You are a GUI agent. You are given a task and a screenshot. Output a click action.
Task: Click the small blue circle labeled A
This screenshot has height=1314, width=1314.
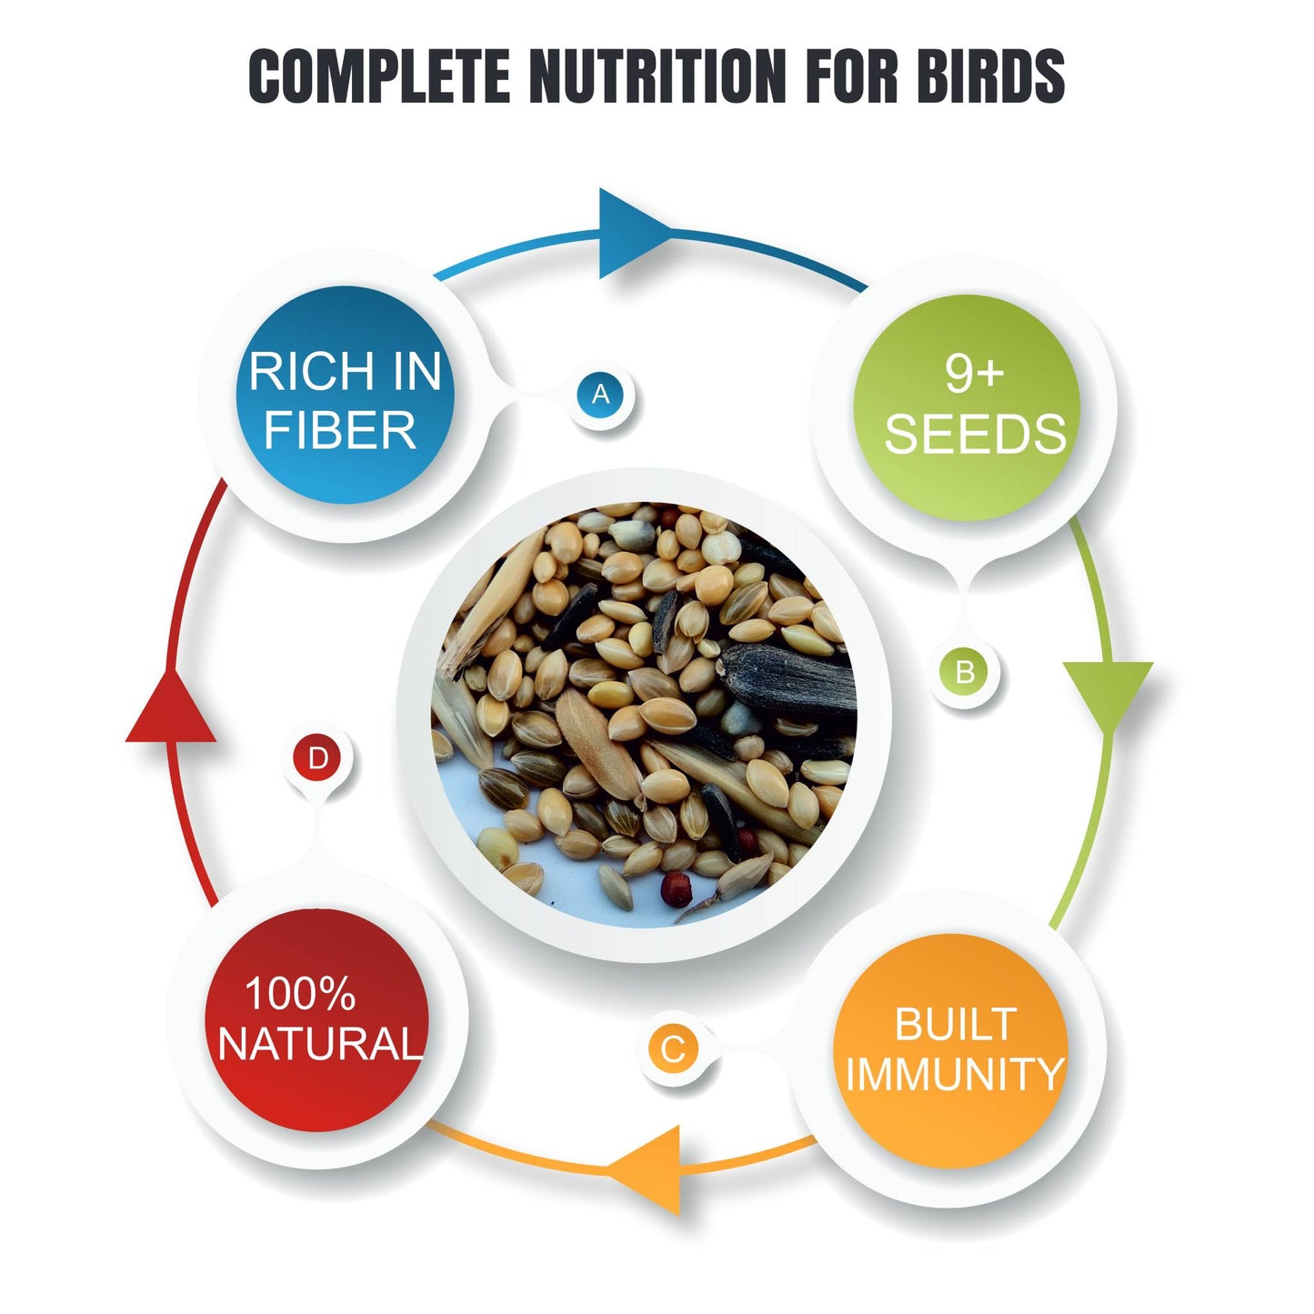pyautogui.click(x=600, y=395)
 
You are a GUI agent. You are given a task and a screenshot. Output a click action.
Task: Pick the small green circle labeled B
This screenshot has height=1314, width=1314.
pyautogui.click(x=965, y=672)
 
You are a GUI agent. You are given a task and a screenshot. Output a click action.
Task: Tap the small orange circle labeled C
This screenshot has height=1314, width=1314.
pyautogui.click(x=673, y=1049)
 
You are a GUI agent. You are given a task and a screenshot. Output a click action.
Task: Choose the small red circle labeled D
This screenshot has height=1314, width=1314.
pyautogui.click(x=317, y=758)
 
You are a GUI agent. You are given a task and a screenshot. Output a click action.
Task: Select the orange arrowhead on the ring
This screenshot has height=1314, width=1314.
pyautogui.click(x=650, y=1169)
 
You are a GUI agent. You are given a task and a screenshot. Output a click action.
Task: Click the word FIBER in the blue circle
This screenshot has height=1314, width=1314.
pyautogui.click(x=340, y=430)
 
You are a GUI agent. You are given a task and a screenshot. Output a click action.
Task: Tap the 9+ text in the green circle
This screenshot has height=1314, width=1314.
pyautogui.click(x=973, y=372)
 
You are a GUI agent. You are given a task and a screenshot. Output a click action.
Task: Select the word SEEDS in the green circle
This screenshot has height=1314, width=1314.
pyautogui.click(x=975, y=434)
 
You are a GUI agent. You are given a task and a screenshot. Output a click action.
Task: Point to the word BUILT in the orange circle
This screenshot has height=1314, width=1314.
pyautogui.click(x=955, y=1025)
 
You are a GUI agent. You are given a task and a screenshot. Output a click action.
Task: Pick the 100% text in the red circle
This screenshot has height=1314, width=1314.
pyautogui.click(x=299, y=993)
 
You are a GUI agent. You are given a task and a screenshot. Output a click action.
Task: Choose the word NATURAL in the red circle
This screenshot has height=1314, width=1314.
pyautogui.click(x=320, y=1043)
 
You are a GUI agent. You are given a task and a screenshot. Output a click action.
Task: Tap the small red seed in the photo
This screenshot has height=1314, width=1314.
pyautogui.click(x=676, y=883)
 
